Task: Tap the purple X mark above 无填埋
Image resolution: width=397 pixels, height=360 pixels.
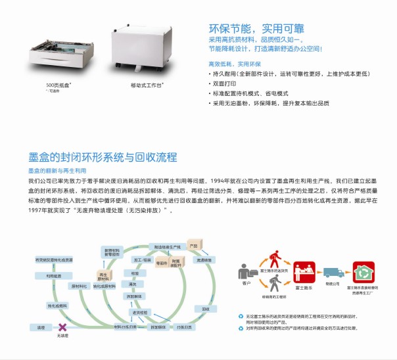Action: [62, 326]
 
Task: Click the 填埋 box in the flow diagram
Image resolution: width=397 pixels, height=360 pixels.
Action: [41, 326]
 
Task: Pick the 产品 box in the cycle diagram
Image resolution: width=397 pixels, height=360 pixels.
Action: [193, 246]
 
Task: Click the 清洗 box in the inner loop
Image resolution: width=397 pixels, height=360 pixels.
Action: [134, 284]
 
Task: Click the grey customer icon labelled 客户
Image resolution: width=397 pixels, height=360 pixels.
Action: [246, 272]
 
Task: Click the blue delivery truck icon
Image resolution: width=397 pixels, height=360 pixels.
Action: [332, 272]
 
